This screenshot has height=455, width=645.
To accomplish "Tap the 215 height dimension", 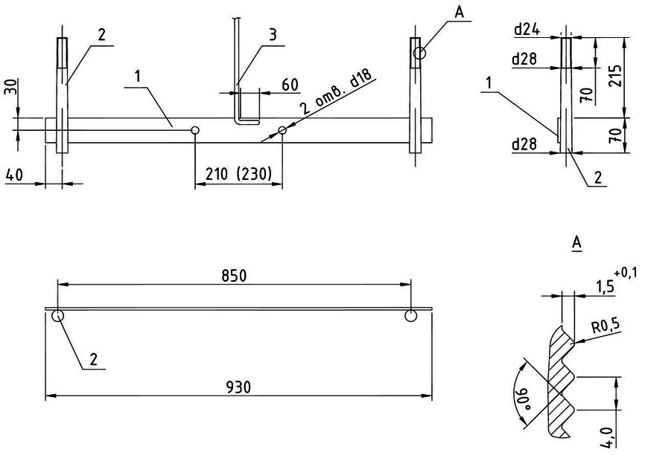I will [615, 75].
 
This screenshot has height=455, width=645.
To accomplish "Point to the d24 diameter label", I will [526, 31].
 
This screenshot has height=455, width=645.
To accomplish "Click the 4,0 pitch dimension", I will [609, 434].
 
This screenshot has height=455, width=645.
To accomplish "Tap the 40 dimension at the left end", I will [14, 175].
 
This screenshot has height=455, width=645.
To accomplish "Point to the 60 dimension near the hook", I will [290, 85].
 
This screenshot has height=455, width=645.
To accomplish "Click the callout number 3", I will [273, 34].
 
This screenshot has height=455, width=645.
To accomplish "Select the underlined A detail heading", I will [575, 242].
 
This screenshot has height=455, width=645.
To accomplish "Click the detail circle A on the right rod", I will [420, 53].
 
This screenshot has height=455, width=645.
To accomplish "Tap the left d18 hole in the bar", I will [195, 131].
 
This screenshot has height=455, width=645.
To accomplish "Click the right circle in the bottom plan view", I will [410, 316].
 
